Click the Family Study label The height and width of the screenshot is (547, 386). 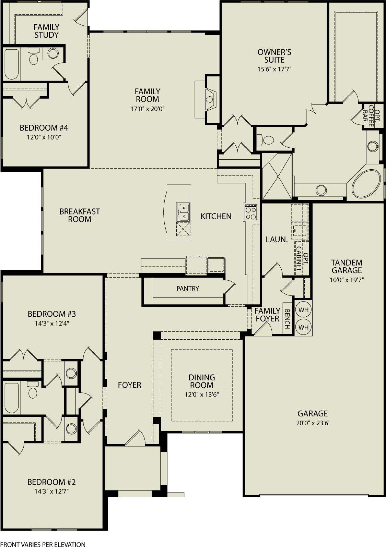pyautogui.click(x=46, y=31)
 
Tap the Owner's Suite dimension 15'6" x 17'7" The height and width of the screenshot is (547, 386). pyautogui.click(x=274, y=69)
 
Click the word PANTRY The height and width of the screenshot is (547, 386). pyautogui.click(x=188, y=289)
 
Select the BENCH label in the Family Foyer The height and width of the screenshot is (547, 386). pyautogui.click(x=287, y=319)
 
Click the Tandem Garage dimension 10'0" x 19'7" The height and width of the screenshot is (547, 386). pyautogui.click(x=347, y=280)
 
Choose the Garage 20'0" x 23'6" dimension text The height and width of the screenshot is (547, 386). pyautogui.click(x=313, y=423)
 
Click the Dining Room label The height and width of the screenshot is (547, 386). pyautogui.click(x=202, y=381)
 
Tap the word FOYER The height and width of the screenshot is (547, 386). pyautogui.click(x=129, y=385)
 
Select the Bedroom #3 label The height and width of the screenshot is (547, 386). pyautogui.click(x=52, y=314)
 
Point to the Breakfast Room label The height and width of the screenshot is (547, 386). pyautogui.click(x=80, y=215)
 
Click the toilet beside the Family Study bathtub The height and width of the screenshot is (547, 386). pyautogui.click(x=33, y=58)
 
